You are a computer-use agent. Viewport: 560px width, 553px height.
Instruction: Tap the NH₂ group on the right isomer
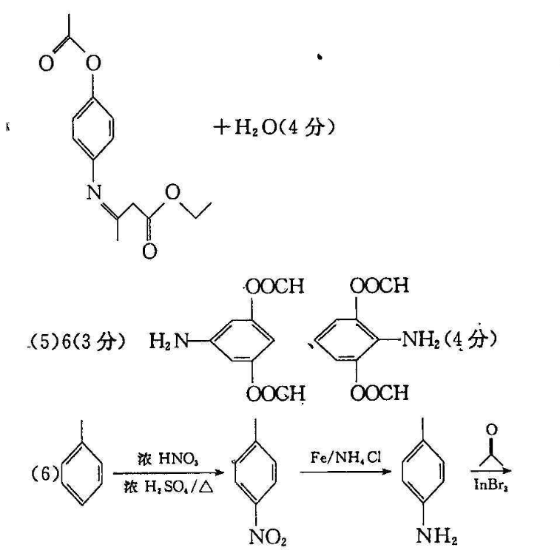(x=423, y=341)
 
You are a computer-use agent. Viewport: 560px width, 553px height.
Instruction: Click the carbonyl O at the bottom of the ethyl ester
(x=150, y=251)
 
